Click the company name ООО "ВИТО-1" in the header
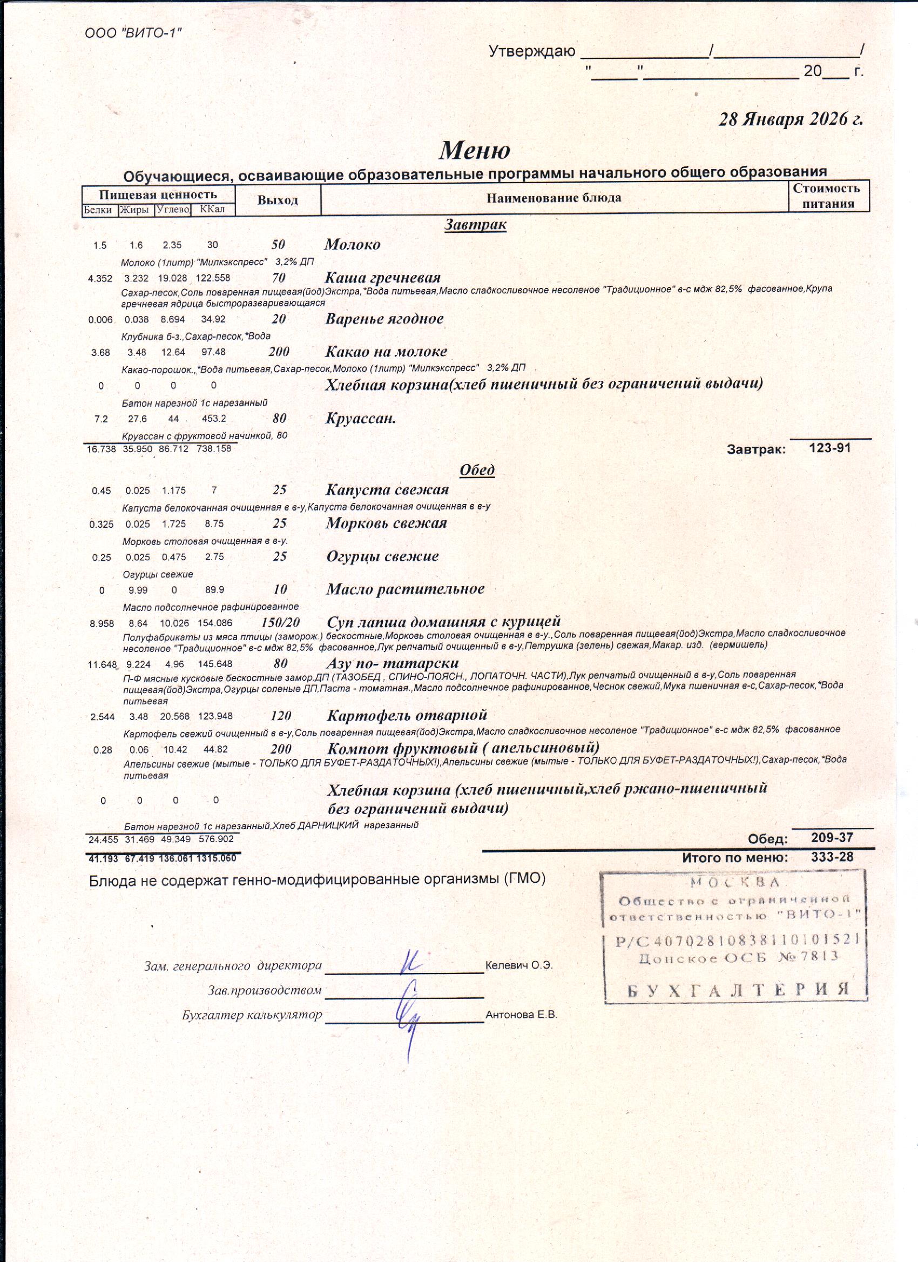click(x=133, y=33)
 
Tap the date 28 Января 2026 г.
click(x=791, y=120)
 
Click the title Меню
click(x=474, y=150)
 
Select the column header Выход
click(x=277, y=200)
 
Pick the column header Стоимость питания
click(x=828, y=196)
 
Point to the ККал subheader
click(x=212, y=210)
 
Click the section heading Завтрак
click(x=475, y=224)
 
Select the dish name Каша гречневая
click(x=382, y=277)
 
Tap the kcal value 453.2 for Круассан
click(x=214, y=419)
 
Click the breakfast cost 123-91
click(x=829, y=448)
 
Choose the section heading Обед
click(x=476, y=470)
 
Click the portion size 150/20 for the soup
click(x=280, y=623)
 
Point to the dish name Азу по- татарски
click(x=393, y=663)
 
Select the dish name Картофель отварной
click(x=407, y=715)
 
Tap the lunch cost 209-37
click(x=832, y=838)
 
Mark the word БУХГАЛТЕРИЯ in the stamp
click(x=738, y=990)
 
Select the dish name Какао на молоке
click(x=386, y=351)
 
